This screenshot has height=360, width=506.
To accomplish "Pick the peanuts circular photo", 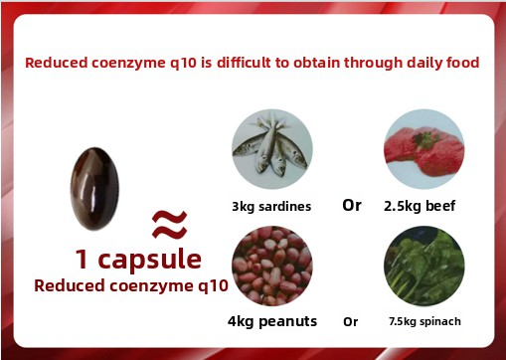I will [x=271, y=267].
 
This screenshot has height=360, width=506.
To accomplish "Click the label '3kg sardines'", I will [x=271, y=207].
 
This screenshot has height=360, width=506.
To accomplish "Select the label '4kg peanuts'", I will [x=271, y=321].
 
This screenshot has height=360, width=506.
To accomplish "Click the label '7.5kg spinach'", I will [x=425, y=321].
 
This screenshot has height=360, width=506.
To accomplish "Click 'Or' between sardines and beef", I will [x=352, y=206].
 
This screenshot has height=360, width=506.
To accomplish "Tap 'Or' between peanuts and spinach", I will [x=350, y=321].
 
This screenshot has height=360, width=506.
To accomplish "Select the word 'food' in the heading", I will [x=461, y=63].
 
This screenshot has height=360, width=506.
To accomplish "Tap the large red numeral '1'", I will [x=83, y=260].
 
